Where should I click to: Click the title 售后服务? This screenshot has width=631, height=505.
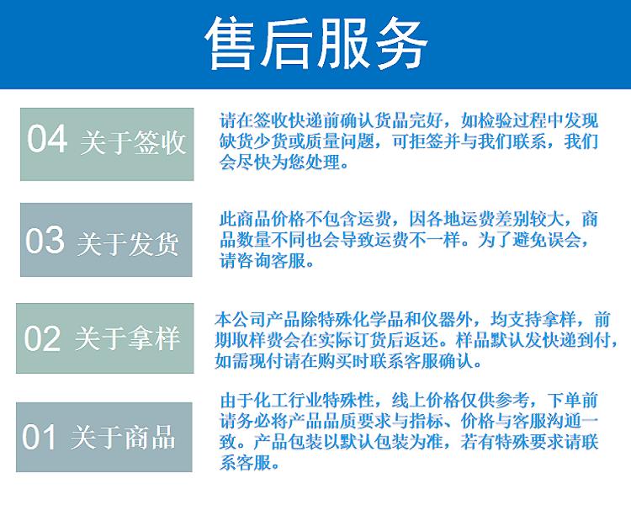click(x=315, y=44)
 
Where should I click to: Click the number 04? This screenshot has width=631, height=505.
click(x=46, y=139)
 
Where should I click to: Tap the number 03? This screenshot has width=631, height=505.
click(x=45, y=240)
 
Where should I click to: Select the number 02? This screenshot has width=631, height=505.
click(x=42, y=338)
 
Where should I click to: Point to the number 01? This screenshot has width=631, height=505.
click(x=39, y=437)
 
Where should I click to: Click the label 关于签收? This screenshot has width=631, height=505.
click(x=132, y=142)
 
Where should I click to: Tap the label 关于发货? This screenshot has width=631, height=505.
click(x=128, y=243)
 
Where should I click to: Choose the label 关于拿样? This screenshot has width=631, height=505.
click(x=127, y=338)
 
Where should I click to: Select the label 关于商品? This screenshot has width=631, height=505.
click(x=123, y=437)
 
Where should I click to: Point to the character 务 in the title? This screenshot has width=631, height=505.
click(x=400, y=44)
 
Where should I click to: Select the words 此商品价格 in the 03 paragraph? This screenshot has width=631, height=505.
click(x=262, y=219)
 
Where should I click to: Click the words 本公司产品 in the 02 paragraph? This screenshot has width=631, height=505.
click(x=257, y=320)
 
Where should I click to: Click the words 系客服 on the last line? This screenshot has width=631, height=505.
click(x=245, y=464)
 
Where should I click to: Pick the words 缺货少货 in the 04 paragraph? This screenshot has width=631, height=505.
click(x=253, y=141)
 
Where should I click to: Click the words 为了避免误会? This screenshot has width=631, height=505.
click(x=529, y=241)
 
